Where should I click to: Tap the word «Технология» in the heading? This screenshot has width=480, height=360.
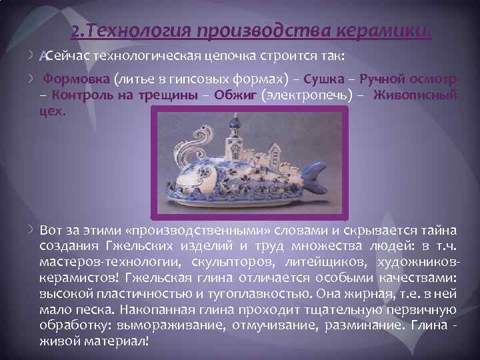click(x=142, y=31)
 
